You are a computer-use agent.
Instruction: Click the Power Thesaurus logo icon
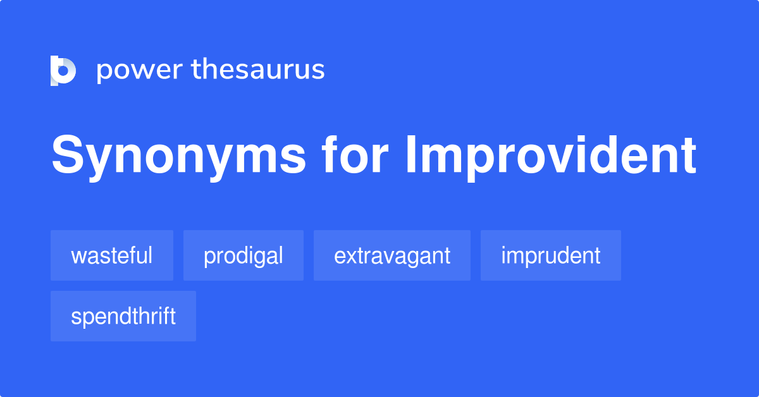click(x=63, y=70)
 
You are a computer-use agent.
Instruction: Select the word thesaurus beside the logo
click(x=258, y=70)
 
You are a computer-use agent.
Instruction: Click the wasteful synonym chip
click(x=112, y=255)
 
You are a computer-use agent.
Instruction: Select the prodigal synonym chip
click(x=244, y=255)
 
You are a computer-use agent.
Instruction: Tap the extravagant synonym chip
click(x=392, y=255)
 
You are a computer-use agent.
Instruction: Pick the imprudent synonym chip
click(x=550, y=255)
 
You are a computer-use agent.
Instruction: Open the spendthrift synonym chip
click(x=123, y=316)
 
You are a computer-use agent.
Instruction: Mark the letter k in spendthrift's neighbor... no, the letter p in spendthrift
click(x=87, y=318)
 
